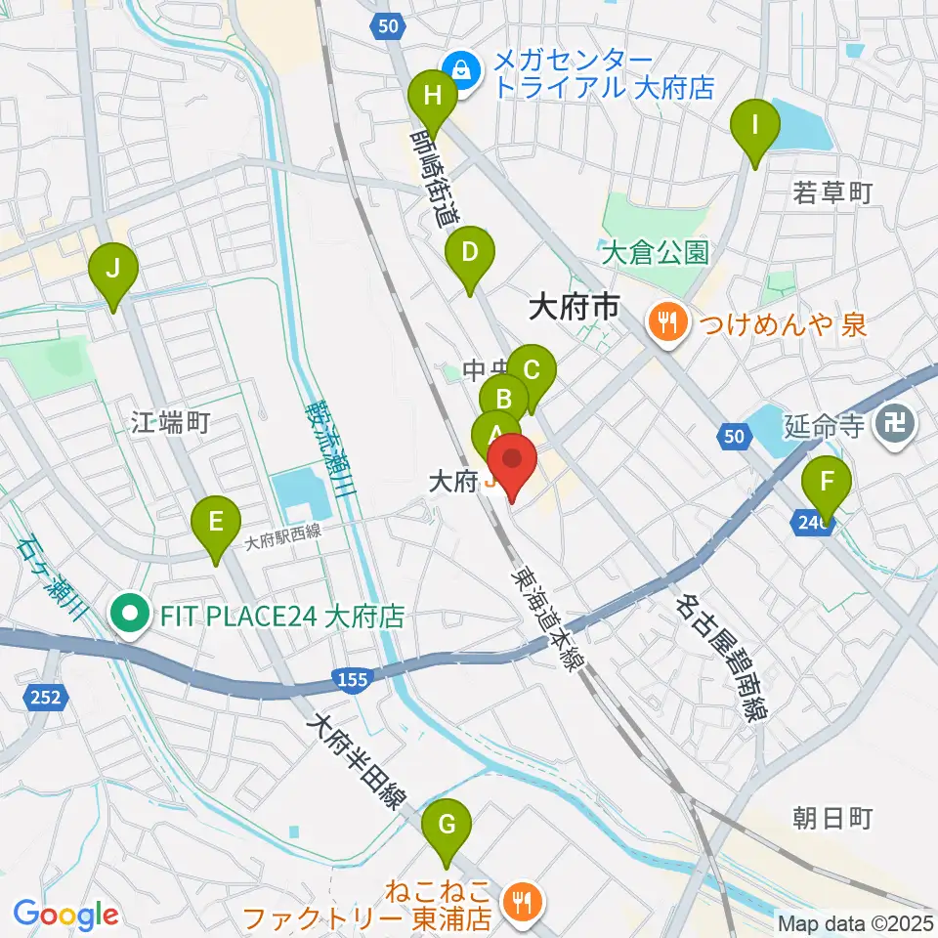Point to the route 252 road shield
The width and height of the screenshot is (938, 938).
[37, 698]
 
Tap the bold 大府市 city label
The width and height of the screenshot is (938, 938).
[574, 310]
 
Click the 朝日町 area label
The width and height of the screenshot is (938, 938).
[832, 818]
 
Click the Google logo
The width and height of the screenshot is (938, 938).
[66, 914]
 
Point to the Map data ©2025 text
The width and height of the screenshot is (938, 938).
[855, 922]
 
